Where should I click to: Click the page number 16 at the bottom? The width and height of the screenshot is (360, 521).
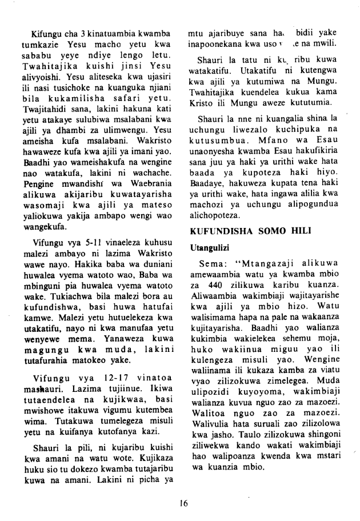coord(183,503)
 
